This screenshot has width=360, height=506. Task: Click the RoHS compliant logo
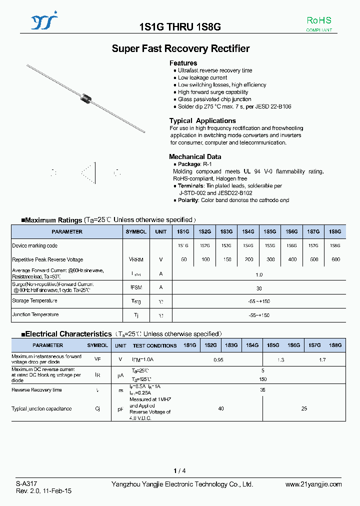tap(318, 23)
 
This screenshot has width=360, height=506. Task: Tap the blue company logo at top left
tap(44, 22)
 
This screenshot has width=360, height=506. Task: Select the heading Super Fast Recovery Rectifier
tap(180, 48)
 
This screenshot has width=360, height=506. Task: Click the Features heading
tap(183, 63)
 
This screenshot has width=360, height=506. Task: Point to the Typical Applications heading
tap(202, 121)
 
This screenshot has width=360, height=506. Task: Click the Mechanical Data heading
tap(195, 156)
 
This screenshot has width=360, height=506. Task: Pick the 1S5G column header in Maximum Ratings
tap(269, 232)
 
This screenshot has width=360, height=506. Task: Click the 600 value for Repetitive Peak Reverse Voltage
tap(335, 259)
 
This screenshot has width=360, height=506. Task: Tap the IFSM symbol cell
tap(136, 287)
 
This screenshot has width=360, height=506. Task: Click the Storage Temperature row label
tap(34, 301)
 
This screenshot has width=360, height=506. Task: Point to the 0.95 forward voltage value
tap(218, 359)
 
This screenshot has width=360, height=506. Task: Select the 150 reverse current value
tap(262, 379)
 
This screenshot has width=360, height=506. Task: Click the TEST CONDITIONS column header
tap(154, 345)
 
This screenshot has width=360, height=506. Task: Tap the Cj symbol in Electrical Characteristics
tap(97, 408)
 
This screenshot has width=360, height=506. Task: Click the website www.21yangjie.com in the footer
tap(313, 484)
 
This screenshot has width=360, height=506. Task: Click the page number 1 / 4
tap(179, 471)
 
